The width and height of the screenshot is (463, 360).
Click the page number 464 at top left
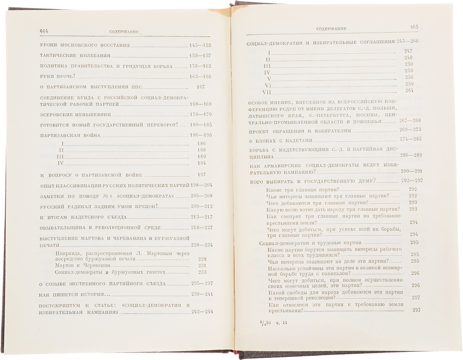coord(46,31)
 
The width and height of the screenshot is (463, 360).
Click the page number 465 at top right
coord(414,27)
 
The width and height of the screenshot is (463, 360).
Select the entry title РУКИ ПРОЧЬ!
coord(57,76)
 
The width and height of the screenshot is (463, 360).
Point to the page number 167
coord(200,87)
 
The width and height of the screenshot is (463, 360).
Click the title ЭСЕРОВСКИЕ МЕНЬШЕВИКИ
coord(76,115)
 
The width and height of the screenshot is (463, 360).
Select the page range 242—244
coord(202,312)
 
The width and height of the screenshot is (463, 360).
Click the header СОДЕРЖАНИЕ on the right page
coord(331,29)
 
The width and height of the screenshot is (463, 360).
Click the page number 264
coord(409,91)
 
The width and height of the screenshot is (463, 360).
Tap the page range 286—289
coord(411,156)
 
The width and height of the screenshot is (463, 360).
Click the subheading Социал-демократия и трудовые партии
coord(310,243)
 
